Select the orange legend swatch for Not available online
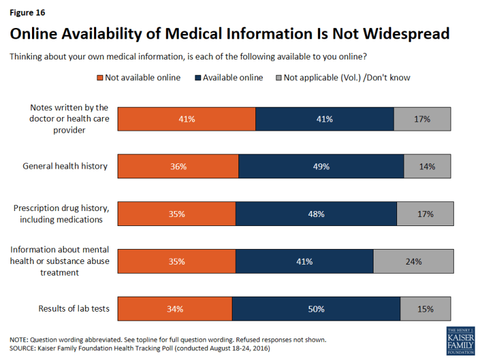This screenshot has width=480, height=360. click(100, 78)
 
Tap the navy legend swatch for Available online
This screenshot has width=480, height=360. click(197, 78)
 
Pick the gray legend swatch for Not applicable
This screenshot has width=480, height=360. click(278, 78)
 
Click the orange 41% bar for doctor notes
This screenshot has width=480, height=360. click(186, 119)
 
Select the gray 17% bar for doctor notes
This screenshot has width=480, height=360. click(422, 119)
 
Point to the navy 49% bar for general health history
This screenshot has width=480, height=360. click(321, 166)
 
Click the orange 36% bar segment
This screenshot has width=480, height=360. click(178, 166)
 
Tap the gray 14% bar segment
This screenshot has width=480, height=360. click(427, 166)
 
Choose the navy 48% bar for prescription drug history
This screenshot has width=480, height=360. click(315, 214)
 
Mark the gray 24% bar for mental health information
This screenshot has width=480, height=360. click(412, 261)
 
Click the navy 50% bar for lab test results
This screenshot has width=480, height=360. click(316, 308)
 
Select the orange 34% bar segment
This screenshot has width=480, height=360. click(174, 308)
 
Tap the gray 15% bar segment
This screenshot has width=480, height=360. click(426, 308)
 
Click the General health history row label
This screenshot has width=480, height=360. click(65, 166)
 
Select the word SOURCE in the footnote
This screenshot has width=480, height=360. click(24, 348)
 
